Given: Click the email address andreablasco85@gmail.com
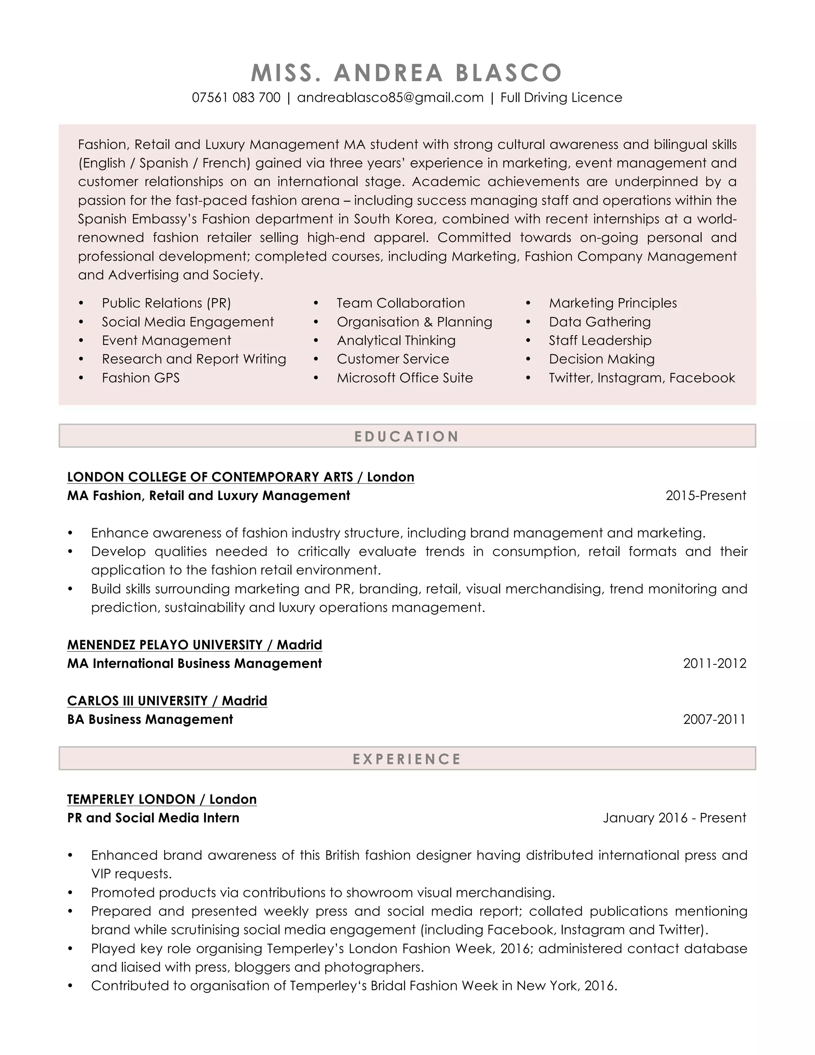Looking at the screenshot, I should pos(390,98).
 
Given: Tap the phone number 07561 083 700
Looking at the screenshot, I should pos(236,98).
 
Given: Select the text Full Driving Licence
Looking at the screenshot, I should pos(561,98).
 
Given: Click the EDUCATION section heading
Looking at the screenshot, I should pos(407,436).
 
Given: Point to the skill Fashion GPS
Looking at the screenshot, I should pos(140,378).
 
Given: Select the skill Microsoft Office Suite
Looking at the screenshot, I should pos(405,378).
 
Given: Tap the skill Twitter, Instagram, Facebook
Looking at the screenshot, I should pos(641,378).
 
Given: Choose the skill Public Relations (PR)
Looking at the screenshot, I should pos(166,303).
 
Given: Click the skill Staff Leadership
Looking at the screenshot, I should pos(600,340).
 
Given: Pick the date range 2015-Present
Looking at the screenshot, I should pos(706,496).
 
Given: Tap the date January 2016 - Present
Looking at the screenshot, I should pos(674,818).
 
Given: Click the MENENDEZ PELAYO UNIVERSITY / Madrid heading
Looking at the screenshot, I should pos(195,645).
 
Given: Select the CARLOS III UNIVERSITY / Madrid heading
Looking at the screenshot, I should pos(167,701).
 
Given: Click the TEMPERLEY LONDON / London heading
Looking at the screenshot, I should pos(162,799).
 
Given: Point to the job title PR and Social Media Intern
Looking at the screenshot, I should pos(153,818).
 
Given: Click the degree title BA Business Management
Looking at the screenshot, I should pos(150,719).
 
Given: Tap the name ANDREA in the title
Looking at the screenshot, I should pos(388,73).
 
